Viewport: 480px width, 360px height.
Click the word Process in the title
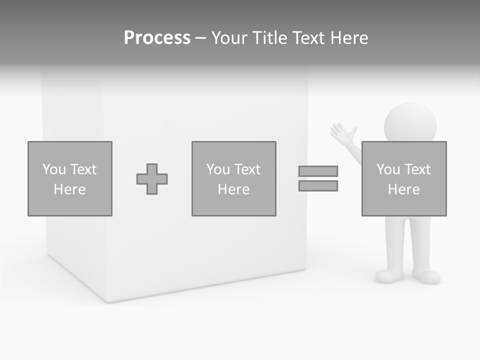point(157,38)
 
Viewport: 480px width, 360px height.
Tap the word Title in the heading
point(271,38)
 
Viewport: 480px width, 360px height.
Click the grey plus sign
point(152,179)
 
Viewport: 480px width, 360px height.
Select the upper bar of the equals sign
point(318,171)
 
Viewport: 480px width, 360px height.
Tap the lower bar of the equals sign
point(318,185)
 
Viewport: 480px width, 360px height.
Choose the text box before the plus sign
point(70,178)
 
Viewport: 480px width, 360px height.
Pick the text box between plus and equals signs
point(233,178)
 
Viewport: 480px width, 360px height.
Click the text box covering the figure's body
point(404,178)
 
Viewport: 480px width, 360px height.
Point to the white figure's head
point(410,123)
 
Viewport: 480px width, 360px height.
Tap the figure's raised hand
point(343,133)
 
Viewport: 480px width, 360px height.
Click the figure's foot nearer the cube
point(389,276)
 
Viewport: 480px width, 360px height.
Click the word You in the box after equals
point(387,169)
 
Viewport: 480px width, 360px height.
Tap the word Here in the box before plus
point(69,189)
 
